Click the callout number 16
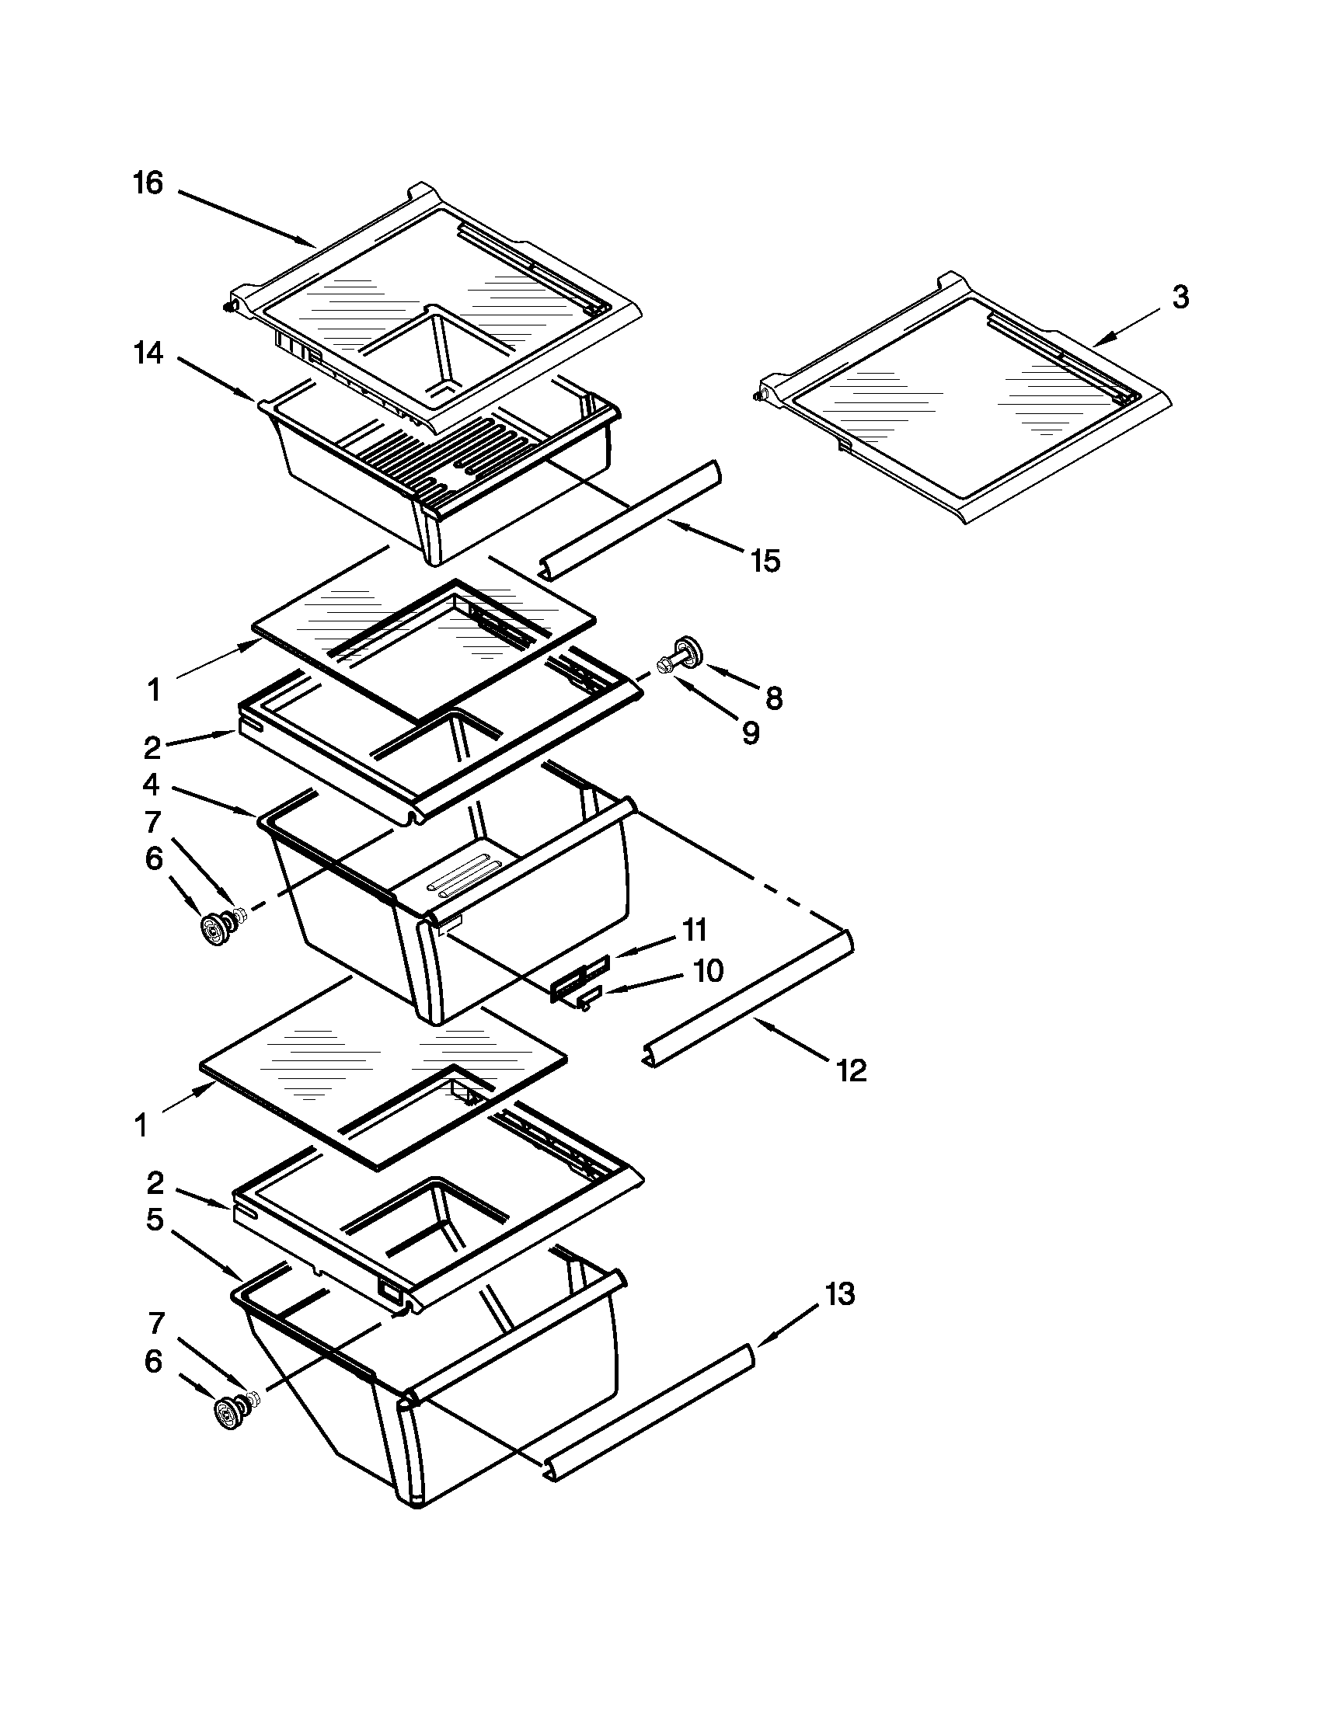coord(148,184)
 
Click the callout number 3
coord(1180,298)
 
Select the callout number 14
coord(148,353)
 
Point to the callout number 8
coord(773,698)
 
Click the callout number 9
coord(750,733)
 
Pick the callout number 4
coord(151,784)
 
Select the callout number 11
coord(695,931)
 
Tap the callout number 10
coord(707,971)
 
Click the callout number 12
coord(852,1070)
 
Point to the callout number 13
coord(839,1294)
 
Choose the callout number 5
coord(154,1220)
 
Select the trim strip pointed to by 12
coord(750,997)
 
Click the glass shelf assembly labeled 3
coord(963,399)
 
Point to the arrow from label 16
coord(246,215)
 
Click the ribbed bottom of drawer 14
coord(438,461)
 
